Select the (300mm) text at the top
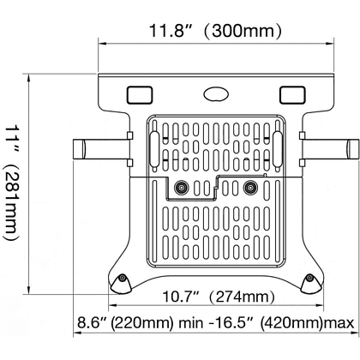point(243,33)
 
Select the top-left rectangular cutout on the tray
point(139,91)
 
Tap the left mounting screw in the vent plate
point(181,188)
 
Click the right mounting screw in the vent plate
point(250,188)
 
